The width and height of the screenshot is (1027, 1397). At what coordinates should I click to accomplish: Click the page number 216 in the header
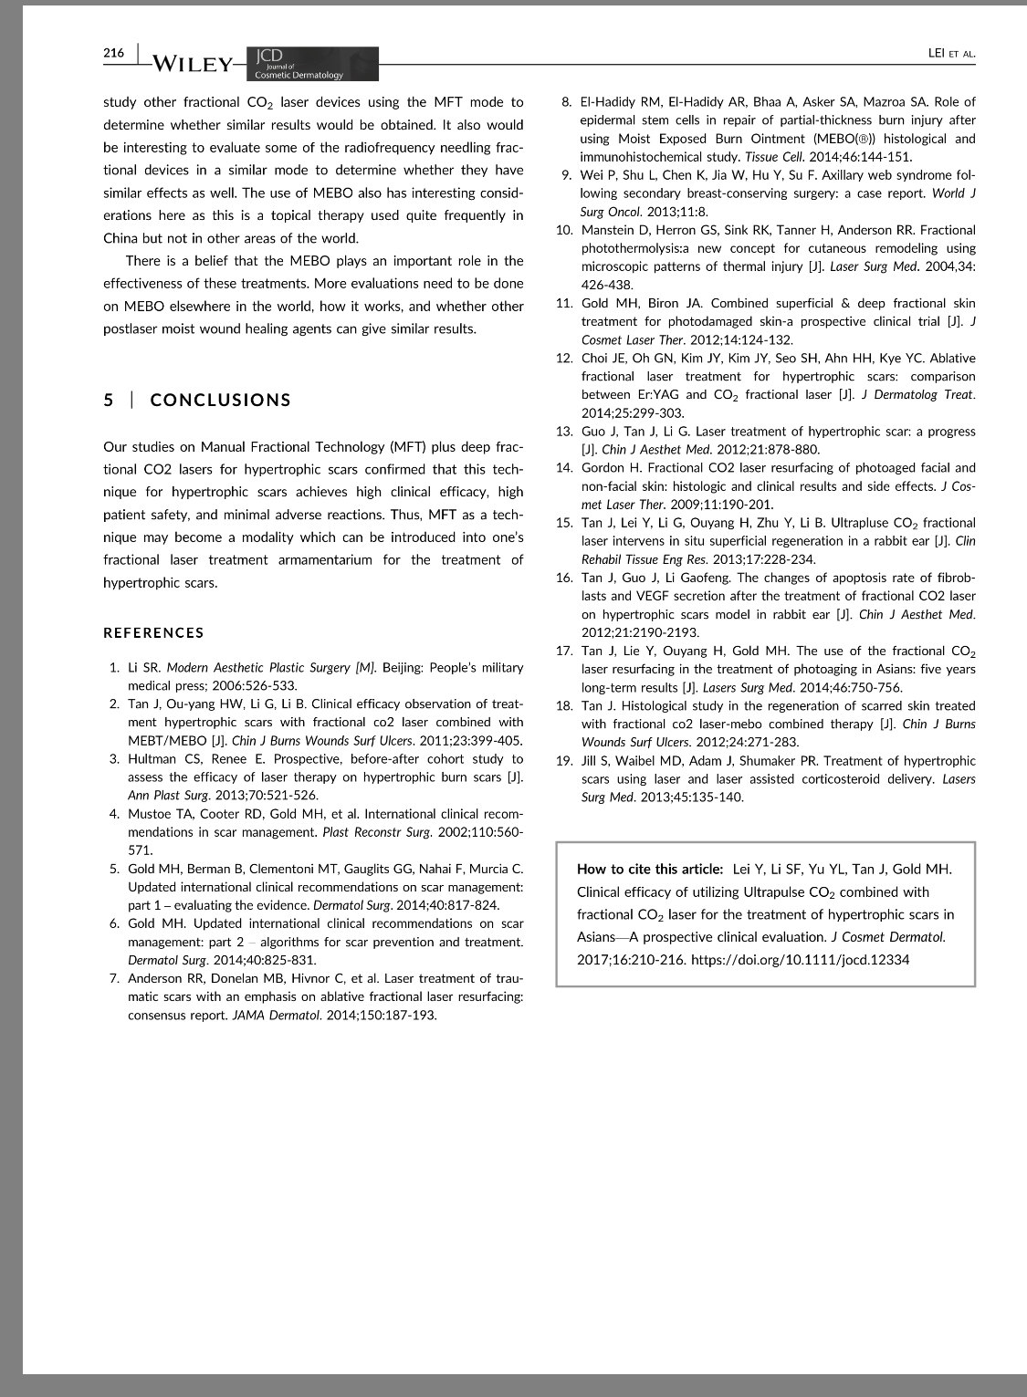(113, 53)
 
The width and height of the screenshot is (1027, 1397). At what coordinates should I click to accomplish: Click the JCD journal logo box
(312, 64)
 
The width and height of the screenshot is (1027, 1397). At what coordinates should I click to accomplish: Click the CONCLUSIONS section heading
(221, 400)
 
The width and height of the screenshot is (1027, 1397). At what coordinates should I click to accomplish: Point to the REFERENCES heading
(153, 632)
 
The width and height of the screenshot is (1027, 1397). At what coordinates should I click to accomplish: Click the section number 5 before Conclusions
(109, 400)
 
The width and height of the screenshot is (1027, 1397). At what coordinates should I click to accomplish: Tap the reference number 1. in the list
(115, 668)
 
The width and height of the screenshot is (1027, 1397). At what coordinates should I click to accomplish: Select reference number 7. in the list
(115, 978)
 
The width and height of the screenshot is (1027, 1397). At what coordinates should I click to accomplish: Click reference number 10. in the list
(565, 230)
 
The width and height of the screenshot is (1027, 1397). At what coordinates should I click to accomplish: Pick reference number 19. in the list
(565, 761)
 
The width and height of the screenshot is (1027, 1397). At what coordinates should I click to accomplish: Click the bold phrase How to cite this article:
(650, 870)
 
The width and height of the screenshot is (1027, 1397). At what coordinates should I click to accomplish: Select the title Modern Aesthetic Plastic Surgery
(259, 668)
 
